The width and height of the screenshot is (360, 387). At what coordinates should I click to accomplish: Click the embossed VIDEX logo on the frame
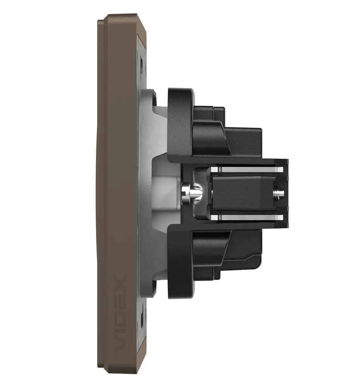[x=121, y=313]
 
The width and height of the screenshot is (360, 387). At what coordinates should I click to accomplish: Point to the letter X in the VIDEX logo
[x=121, y=282]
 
